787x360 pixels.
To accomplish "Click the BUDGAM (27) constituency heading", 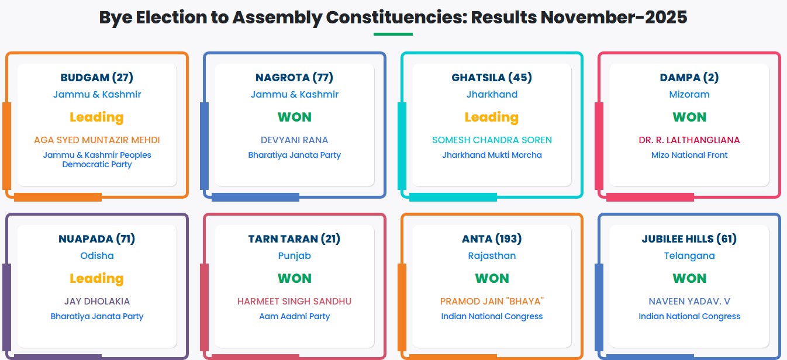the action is pos(96,77).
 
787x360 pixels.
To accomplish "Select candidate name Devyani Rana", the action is pos(295,140).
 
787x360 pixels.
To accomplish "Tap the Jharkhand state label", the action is pos(492,94).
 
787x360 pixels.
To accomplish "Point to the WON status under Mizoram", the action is pos(689,117).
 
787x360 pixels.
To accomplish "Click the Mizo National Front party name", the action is pos(689,155).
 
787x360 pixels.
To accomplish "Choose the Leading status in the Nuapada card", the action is pos(96,279).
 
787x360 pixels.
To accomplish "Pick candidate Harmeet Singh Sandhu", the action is pos(295,301).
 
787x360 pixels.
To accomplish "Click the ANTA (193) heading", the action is pos(492,239).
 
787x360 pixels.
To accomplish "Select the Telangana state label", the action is pos(689,256).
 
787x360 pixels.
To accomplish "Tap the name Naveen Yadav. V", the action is pos(689,301).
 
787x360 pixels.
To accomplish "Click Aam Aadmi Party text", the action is pos(295,316).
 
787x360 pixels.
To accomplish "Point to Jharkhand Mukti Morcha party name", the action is pos(492,155).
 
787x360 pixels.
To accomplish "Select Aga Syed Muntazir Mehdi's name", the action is pos(96,140).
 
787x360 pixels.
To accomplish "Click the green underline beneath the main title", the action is pos(393,34).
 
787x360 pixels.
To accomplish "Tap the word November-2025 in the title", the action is pos(614,17).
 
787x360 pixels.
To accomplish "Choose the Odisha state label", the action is pos(96,256).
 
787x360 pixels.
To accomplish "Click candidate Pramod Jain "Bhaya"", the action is pos(492,301).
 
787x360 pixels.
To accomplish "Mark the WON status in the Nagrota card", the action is pos(295,117).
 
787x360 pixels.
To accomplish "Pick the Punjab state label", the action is pos(295,256).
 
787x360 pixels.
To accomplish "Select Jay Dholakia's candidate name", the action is pos(96,301).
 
